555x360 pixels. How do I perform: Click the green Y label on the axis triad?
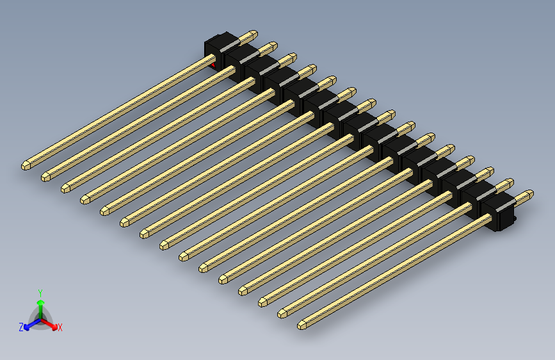click(x=40, y=292)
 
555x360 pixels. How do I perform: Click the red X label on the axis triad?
click(x=60, y=327)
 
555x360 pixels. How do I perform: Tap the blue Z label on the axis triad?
click(x=21, y=327)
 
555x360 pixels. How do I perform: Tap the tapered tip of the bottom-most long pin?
click(x=303, y=325)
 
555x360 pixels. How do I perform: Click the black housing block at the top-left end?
click(x=218, y=47)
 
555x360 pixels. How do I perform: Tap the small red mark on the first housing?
click(x=214, y=64)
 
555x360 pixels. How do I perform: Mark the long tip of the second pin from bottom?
click(x=283, y=313)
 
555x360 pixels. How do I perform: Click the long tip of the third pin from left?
click(x=66, y=188)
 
